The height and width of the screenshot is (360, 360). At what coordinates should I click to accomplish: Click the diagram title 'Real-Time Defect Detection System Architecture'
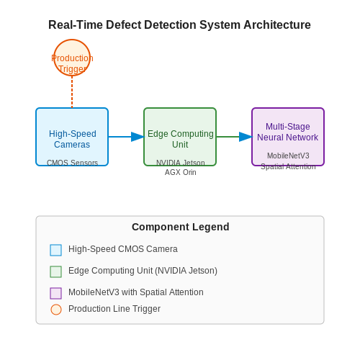point(179,24)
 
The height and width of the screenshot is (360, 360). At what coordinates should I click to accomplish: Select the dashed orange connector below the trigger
point(72,92)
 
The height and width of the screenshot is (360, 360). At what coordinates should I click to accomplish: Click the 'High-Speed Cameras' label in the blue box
point(72,139)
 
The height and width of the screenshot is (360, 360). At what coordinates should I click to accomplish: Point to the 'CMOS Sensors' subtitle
point(72,163)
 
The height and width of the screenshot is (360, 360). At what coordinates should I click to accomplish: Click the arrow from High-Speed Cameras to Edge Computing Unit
point(126,137)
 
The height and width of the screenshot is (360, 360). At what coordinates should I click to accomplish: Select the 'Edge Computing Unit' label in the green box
point(180,139)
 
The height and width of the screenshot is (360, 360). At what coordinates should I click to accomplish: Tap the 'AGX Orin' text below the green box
point(181,172)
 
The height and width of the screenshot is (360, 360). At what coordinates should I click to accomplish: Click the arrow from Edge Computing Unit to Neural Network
point(234,137)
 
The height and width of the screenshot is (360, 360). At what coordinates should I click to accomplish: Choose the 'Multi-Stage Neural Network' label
point(288,132)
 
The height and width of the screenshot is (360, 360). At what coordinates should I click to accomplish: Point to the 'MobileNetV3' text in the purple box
point(288,156)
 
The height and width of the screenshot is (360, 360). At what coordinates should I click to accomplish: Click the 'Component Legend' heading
point(181,227)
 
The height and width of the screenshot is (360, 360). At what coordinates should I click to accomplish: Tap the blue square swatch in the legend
point(55,250)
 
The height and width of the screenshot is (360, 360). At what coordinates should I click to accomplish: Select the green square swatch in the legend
point(55,271)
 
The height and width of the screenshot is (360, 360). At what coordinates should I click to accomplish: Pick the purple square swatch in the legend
point(55,293)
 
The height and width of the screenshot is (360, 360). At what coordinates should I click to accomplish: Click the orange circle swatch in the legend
point(56,310)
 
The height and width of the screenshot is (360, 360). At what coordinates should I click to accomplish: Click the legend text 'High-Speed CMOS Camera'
point(123,249)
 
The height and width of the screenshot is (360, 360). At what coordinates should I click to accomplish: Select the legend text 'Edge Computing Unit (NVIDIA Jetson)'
point(143,271)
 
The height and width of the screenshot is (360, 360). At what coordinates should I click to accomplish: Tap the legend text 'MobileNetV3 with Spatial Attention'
point(136,292)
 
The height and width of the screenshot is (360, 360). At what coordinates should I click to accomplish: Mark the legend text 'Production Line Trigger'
point(114,309)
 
